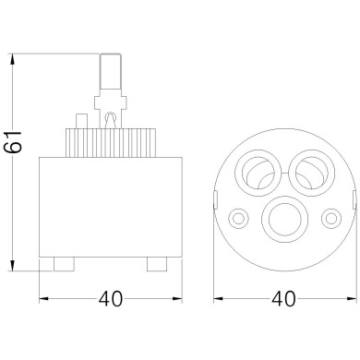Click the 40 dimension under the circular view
pyautogui.click(x=285, y=301)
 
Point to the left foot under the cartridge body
pyautogui.click(x=64, y=265)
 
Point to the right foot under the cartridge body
pyautogui.click(x=158, y=265)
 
